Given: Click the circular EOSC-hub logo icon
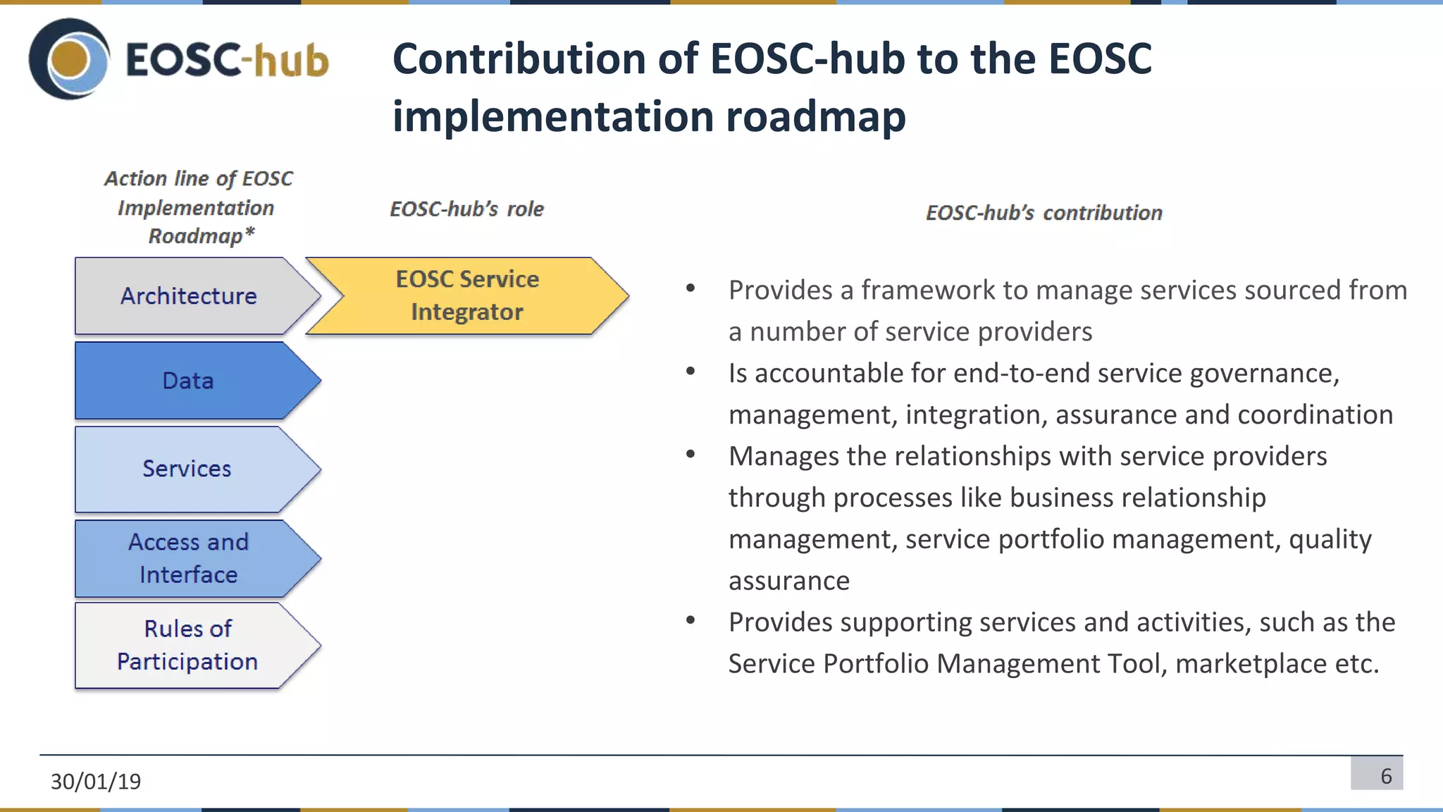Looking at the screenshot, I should (x=69, y=59).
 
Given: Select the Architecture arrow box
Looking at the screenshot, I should (x=189, y=296).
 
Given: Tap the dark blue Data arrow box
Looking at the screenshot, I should (x=189, y=381).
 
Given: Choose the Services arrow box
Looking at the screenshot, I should (x=187, y=469).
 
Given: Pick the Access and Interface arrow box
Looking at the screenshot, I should (x=189, y=558).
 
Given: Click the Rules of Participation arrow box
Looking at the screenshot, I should (x=187, y=645).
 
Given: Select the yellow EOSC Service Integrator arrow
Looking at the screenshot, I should (x=467, y=295).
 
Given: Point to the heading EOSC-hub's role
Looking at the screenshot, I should (x=466, y=209).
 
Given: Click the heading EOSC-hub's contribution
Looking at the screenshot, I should (x=1043, y=213).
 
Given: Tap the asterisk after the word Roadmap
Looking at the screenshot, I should (x=249, y=232).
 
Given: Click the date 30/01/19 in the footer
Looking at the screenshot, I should (x=96, y=781).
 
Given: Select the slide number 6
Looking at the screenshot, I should (x=1386, y=776).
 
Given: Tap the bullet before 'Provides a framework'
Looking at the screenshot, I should (x=690, y=288).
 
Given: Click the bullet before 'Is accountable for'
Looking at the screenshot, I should (x=690, y=371).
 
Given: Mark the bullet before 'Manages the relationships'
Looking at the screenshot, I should (x=690, y=454).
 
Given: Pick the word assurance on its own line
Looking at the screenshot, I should (x=789, y=581).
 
